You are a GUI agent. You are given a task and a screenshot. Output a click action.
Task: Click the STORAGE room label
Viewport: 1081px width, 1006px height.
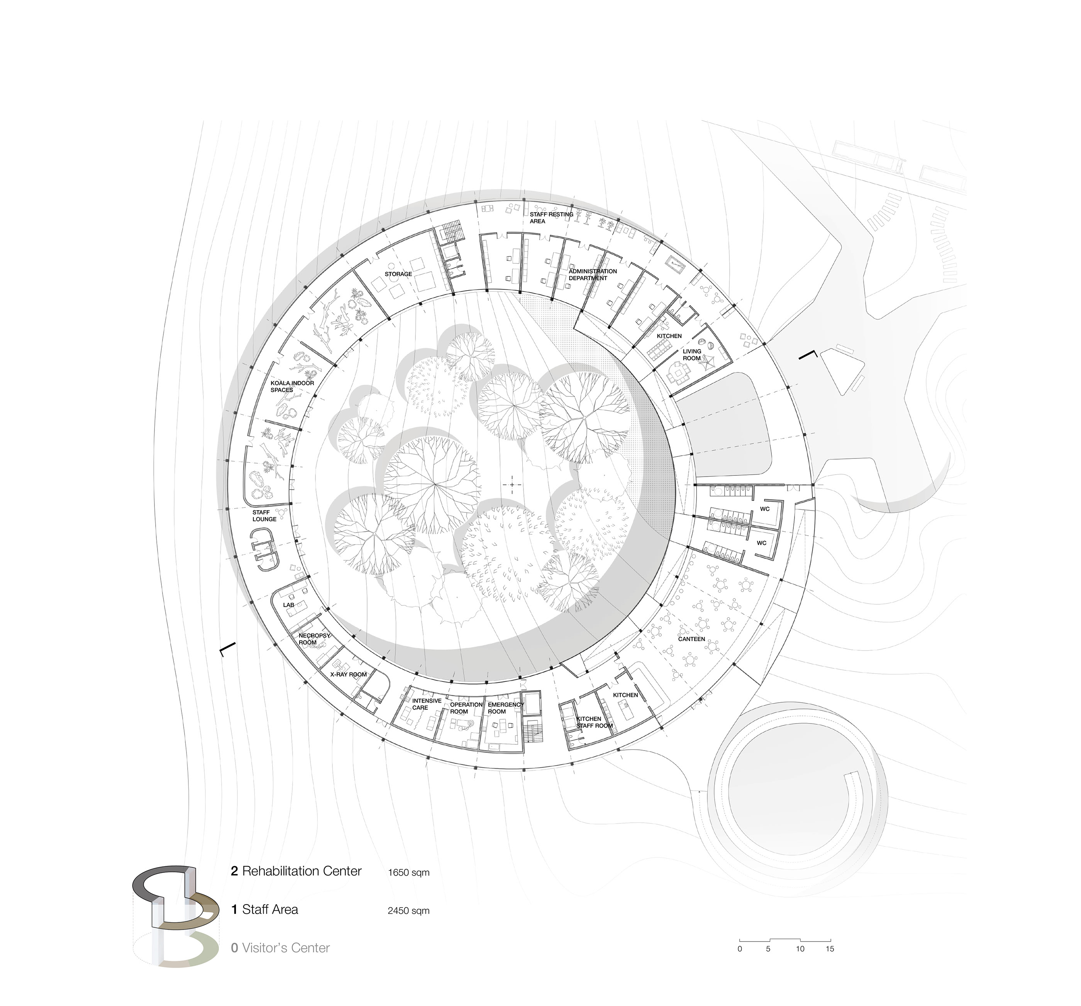(x=398, y=274)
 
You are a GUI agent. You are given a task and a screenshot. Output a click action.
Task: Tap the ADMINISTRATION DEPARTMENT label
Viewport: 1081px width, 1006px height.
(x=593, y=274)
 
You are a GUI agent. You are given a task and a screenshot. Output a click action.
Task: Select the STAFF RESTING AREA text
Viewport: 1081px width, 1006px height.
(x=551, y=217)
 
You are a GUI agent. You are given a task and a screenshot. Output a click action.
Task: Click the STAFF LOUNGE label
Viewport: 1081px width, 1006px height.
(x=264, y=516)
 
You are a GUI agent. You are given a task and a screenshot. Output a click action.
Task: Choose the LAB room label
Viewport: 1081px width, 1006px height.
(x=288, y=605)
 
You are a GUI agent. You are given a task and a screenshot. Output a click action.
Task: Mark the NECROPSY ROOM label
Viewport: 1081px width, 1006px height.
(x=314, y=639)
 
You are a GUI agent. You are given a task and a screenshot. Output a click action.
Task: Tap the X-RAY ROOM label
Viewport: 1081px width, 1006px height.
(x=349, y=675)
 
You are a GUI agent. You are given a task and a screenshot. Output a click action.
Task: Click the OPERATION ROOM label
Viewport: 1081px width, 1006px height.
(x=466, y=708)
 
